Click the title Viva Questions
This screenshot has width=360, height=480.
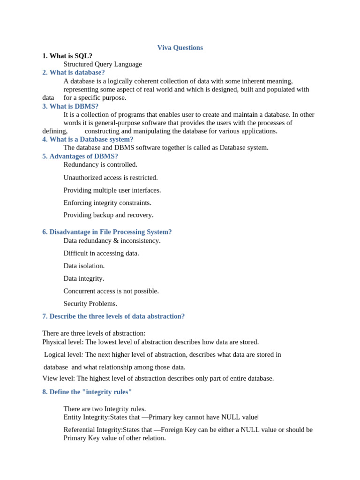point(180,48)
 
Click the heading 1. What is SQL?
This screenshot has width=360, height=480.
point(67,56)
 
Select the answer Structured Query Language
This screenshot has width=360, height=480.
point(103,64)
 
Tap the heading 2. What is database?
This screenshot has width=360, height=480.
point(74,73)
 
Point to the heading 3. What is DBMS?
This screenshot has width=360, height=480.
point(70,106)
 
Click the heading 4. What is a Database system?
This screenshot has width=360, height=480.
point(88,139)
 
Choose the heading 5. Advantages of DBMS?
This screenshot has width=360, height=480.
point(80,157)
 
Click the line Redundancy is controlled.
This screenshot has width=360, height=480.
point(100,165)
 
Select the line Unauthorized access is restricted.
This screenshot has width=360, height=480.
point(111,178)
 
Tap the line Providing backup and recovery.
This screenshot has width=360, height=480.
point(108,215)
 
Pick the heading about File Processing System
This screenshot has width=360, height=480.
point(107,232)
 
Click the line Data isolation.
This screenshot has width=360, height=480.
point(84,266)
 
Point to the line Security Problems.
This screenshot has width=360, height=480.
point(90,304)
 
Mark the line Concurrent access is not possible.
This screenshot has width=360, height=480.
point(111,291)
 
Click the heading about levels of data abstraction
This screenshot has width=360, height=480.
point(113,316)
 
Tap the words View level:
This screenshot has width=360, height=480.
point(59,378)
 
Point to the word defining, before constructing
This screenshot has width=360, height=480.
point(55,131)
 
